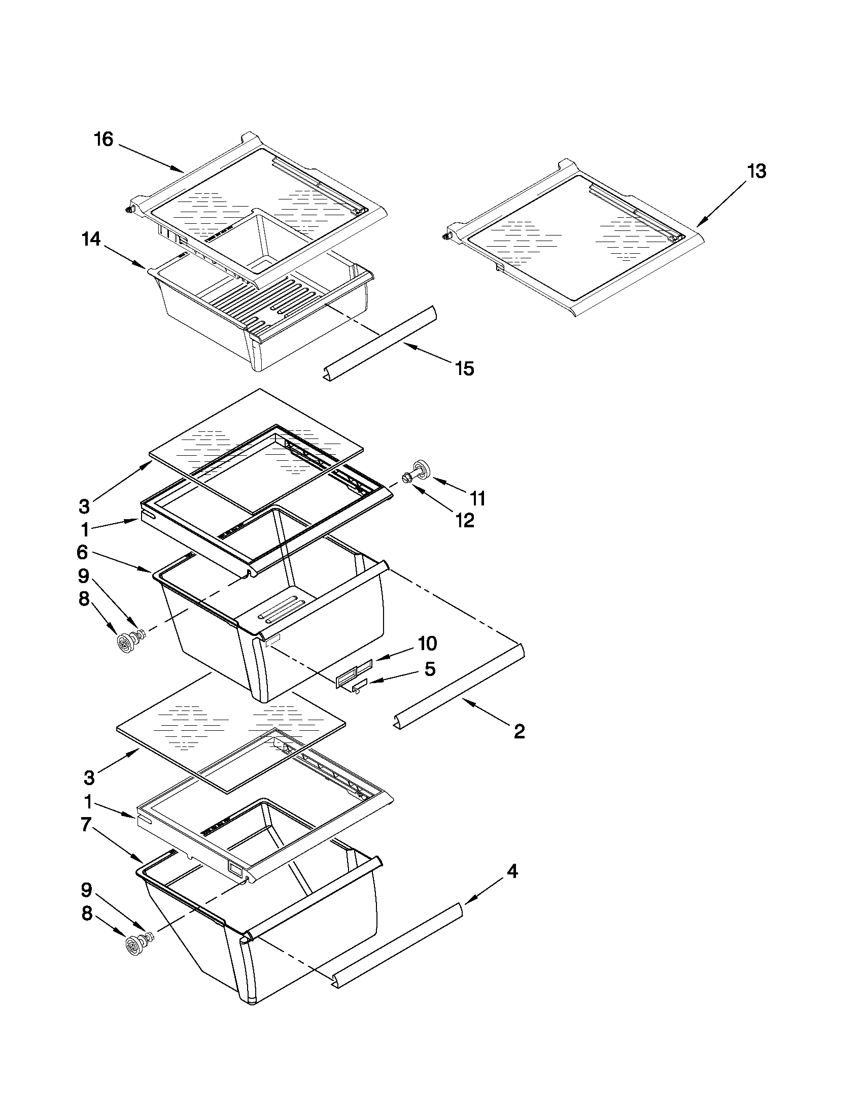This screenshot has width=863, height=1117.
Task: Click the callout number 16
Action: pos(103,139)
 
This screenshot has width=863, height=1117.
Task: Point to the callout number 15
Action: pos(464,368)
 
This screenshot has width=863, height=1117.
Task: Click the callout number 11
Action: pos(477,498)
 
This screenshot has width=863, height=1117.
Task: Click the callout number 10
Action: pos(427,643)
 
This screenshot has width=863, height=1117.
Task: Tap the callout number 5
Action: pos(430,668)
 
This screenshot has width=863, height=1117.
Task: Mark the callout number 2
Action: pos(519,731)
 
